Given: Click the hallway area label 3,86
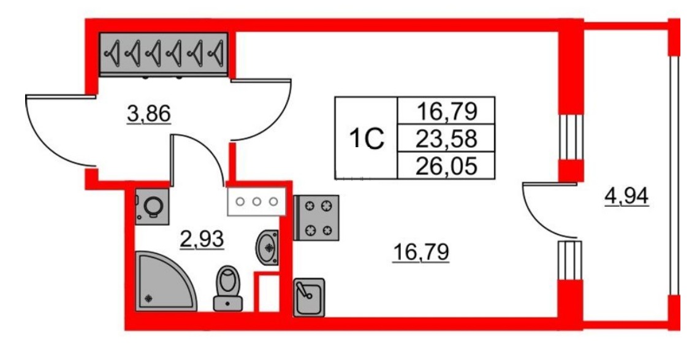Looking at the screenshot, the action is (x=149, y=115).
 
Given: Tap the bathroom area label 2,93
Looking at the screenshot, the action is (x=202, y=240).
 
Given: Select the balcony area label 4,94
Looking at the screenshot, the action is (x=626, y=196).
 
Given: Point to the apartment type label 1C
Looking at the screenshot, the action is (x=367, y=139).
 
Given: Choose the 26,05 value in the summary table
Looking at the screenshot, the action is (x=446, y=167).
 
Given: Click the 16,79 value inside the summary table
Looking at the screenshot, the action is (x=446, y=112).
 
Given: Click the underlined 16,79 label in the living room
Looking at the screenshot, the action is (x=420, y=253).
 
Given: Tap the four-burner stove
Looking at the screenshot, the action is (x=316, y=218).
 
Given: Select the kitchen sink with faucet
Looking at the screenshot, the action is (x=308, y=297).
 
